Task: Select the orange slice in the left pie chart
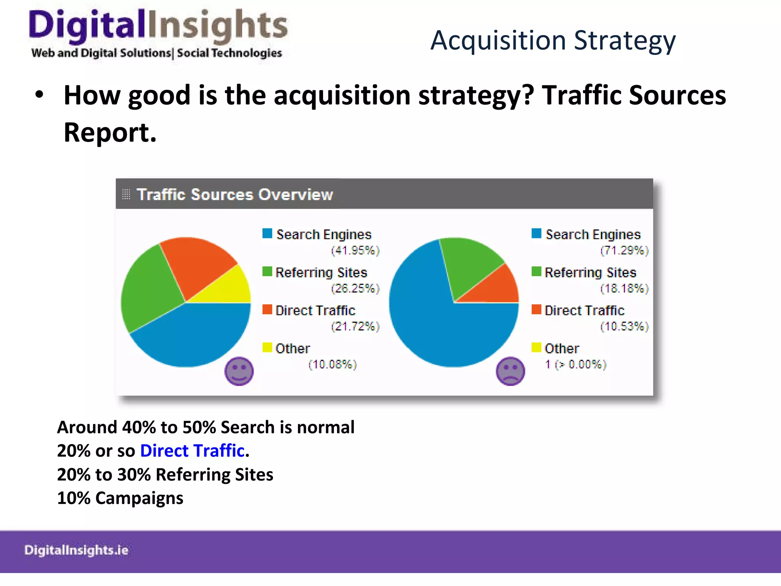(x=194, y=263)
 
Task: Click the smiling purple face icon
(x=239, y=371)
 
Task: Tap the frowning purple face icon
(x=510, y=371)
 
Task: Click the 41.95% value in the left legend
(x=355, y=251)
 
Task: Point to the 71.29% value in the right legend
(x=625, y=251)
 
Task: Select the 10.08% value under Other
(x=333, y=365)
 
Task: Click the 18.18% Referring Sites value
(x=625, y=288)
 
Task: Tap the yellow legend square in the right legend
(x=537, y=348)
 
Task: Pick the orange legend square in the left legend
(x=267, y=309)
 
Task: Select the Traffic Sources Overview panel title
(x=235, y=195)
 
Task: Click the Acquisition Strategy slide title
(x=553, y=40)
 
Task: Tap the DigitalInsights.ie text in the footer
(x=76, y=550)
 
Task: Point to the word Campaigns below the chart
(x=139, y=498)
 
